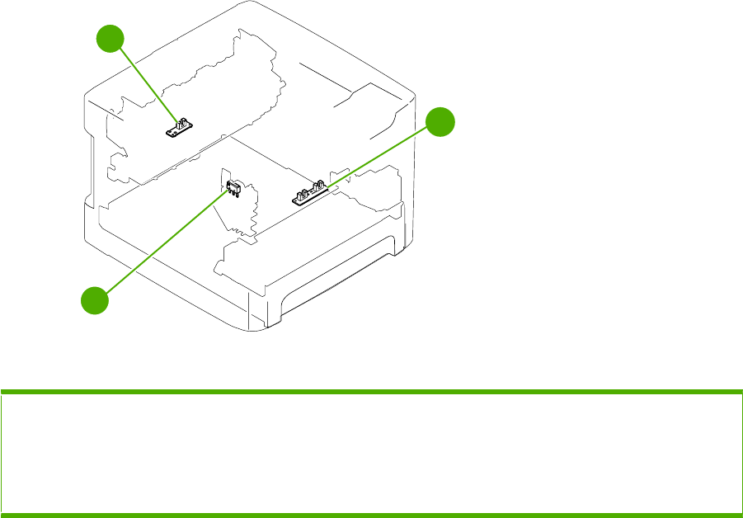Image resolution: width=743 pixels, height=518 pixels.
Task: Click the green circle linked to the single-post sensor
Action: [x=111, y=39]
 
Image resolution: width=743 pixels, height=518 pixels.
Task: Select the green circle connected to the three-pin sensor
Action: [x=94, y=299]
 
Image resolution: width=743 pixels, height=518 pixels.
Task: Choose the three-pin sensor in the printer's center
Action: [x=233, y=188]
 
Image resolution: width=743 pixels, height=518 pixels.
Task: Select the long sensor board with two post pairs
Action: [x=310, y=195]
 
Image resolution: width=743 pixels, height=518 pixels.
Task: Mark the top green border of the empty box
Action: [x=371, y=391]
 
